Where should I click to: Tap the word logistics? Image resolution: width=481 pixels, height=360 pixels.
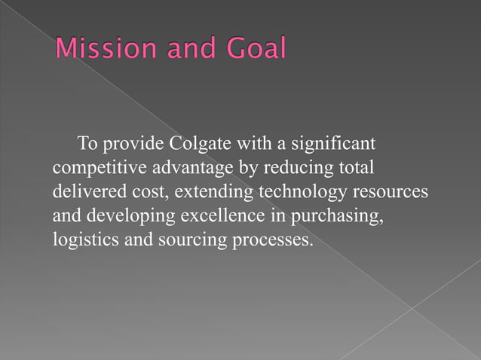pos(81,239)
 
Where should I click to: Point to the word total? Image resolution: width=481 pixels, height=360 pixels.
pos(355,167)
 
